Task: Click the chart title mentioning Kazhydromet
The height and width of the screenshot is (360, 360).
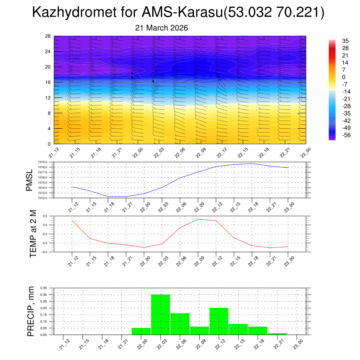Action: (x=178, y=13)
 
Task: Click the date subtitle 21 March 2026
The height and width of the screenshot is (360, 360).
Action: (x=161, y=28)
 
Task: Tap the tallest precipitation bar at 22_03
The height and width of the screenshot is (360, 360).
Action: (x=160, y=315)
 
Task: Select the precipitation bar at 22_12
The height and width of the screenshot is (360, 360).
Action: (x=219, y=321)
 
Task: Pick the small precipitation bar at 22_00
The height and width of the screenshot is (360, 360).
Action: (x=141, y=331)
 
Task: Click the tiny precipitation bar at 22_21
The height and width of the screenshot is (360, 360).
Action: (x=277, y=334)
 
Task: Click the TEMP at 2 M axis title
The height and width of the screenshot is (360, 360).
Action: (x=33, y=234)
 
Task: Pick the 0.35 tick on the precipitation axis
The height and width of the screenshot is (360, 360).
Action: (x=44, y=288)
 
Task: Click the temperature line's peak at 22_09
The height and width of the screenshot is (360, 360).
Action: (x=198, y=219)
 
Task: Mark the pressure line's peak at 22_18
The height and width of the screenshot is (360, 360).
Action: (x=252, y=163)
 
